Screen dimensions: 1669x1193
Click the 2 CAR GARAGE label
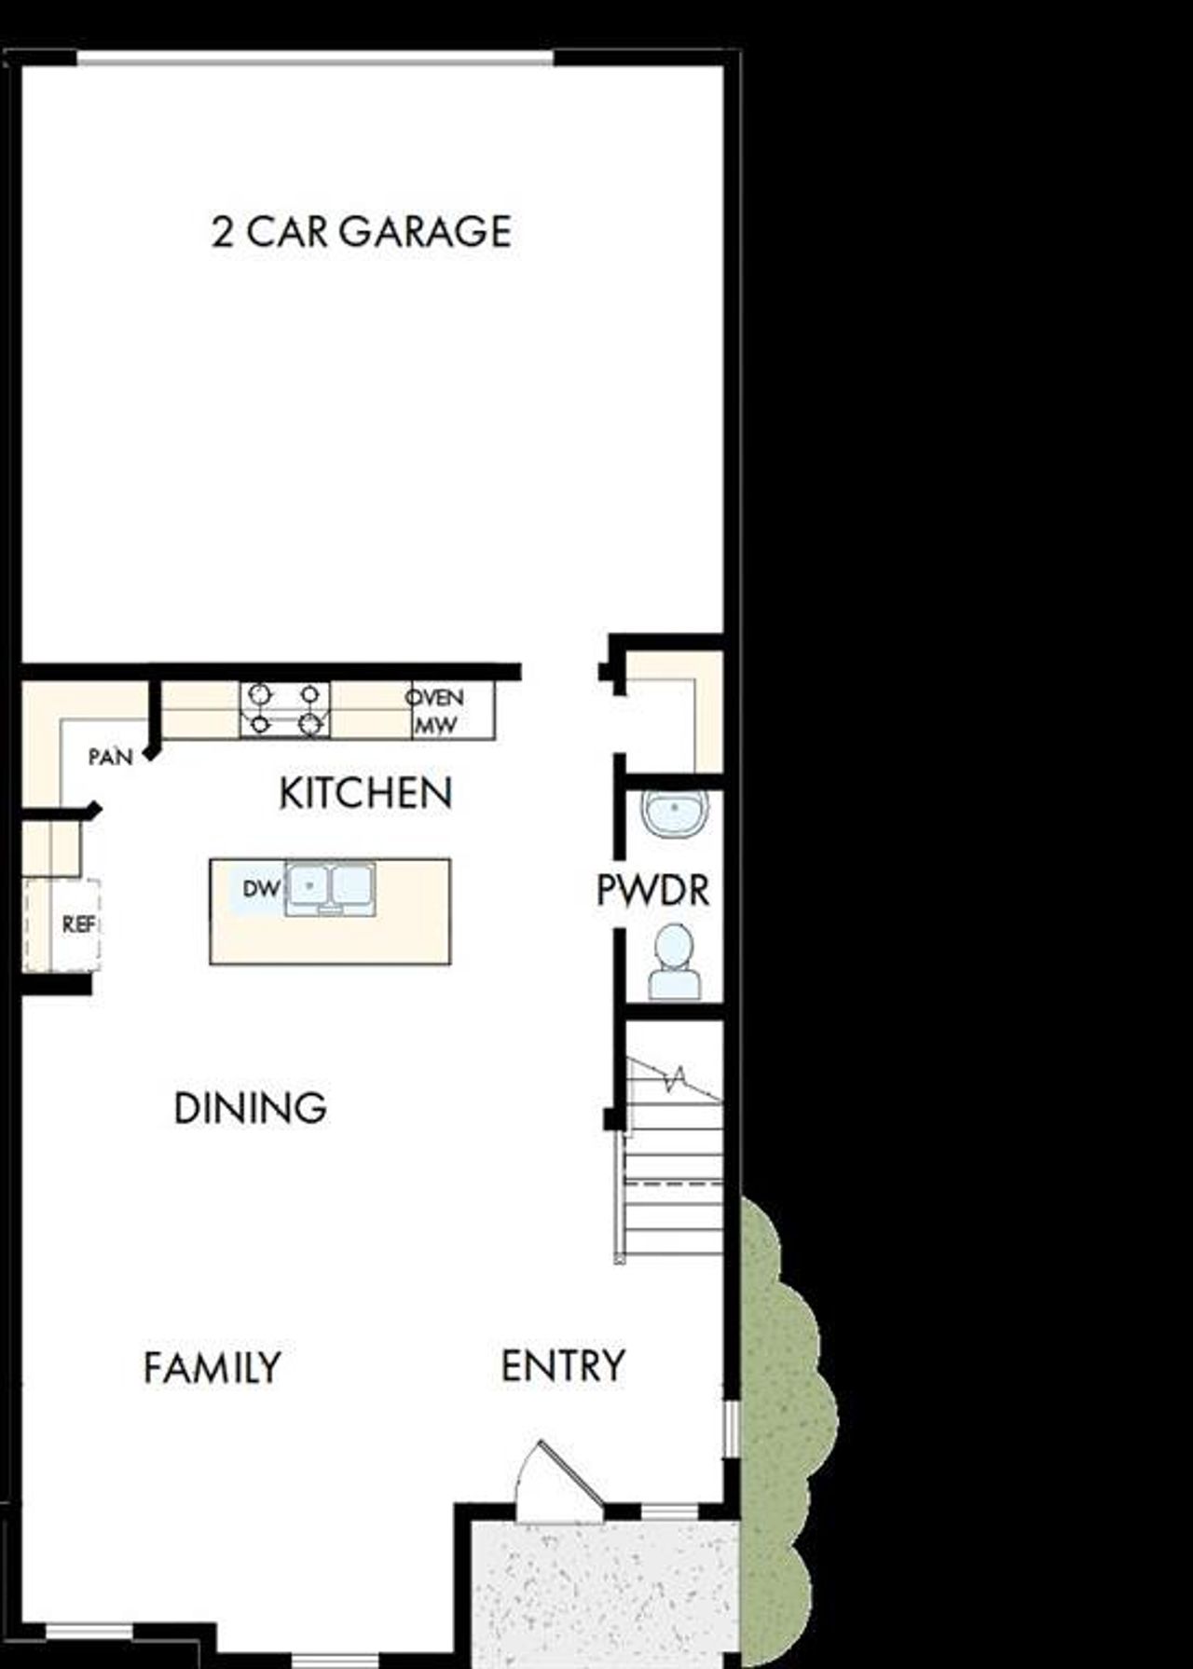pos(362,231)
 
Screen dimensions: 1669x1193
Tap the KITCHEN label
pos(365,793)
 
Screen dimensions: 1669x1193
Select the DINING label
pos(250,1108)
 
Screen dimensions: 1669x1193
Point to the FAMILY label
pos(212,1368)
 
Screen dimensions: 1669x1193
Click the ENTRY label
pos(563,1366)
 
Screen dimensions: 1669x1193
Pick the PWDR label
pos(652,891)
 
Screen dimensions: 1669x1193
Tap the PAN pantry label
pos(111,757)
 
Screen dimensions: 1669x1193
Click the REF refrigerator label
pos(78,924)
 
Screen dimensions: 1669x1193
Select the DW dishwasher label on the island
pos(261,889)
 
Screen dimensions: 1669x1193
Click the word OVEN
pos(435,697)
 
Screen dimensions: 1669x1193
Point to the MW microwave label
pos(435,725)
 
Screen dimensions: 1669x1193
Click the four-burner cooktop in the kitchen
pos(285,710)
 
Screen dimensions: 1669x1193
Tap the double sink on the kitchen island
pos(331,887)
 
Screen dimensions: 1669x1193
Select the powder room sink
pos(675,814)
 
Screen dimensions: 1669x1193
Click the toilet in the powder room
pos(675,962)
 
